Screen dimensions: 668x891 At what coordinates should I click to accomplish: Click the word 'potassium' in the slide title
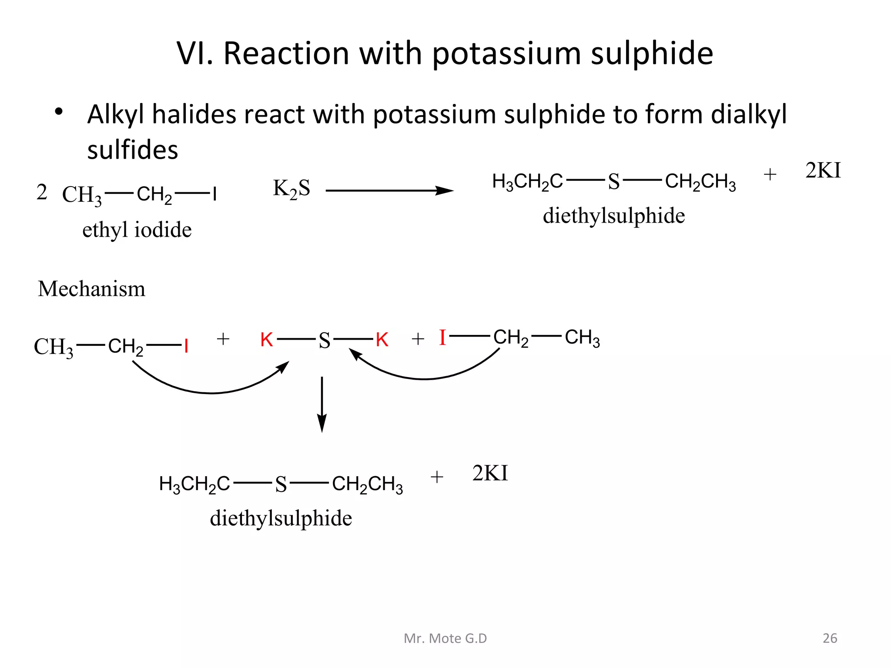[506, 54]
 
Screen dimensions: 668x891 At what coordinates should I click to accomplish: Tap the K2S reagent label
[291, 189]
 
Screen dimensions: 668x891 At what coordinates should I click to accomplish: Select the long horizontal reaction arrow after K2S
[389, 190]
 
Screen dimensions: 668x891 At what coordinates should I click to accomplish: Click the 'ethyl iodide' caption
[137, 230]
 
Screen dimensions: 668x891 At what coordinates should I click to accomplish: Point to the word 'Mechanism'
[91, 289]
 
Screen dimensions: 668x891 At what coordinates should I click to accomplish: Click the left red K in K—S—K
[267, 340]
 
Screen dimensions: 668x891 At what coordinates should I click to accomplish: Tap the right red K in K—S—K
[382, 340]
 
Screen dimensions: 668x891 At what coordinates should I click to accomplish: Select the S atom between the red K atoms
[325, 341]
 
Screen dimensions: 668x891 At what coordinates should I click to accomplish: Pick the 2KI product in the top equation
[823, 170]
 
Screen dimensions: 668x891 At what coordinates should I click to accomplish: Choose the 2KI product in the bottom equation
[490, 473]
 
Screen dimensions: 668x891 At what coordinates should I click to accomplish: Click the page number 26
[830, 638]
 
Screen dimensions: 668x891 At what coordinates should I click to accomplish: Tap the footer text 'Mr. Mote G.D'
[445, 638]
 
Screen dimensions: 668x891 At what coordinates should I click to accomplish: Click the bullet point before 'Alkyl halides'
[59, 112]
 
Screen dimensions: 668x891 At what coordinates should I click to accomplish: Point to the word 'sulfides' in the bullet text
[133, 150]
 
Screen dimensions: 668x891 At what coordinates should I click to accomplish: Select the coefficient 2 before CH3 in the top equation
[42, 192]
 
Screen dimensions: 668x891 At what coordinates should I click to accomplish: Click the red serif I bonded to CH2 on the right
[442, 337]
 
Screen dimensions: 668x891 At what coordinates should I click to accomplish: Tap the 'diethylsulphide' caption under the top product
[614, 216]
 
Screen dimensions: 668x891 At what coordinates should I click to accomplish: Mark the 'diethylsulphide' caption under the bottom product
[281, 518]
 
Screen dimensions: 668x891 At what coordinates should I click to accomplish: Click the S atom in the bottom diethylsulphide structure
[281, 484]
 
